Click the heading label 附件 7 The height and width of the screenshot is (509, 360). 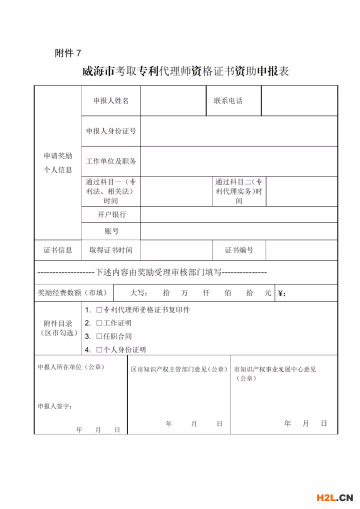tap(67, 53)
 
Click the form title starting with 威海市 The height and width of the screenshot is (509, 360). tap(185, 71)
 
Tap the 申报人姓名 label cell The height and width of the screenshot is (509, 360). tap(111, 100)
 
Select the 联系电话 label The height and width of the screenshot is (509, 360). tap(228, 100)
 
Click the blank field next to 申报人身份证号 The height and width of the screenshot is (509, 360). tap(238, 131)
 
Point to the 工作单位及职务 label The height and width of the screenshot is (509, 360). tap(111, 161)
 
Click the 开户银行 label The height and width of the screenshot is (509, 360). tap(111, 214)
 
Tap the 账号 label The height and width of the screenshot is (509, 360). tap(111, 231)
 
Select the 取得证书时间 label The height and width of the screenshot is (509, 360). tap(111, 250)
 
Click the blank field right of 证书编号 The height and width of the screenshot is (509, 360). tap(301, 250)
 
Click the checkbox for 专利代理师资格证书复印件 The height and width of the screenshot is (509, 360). tap(99, 310)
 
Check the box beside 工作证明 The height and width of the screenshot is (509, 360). tap(99, 323)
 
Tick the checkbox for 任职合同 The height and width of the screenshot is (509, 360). tap(99, 336)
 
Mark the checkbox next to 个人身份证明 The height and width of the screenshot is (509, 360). tap(99, 350)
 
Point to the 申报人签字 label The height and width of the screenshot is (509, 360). tap(55, 406)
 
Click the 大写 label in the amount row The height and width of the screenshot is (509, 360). tap(138, 293)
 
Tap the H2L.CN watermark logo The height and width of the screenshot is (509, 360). tap(335, 497)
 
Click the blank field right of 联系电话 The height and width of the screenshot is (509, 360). tap(299, 100)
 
